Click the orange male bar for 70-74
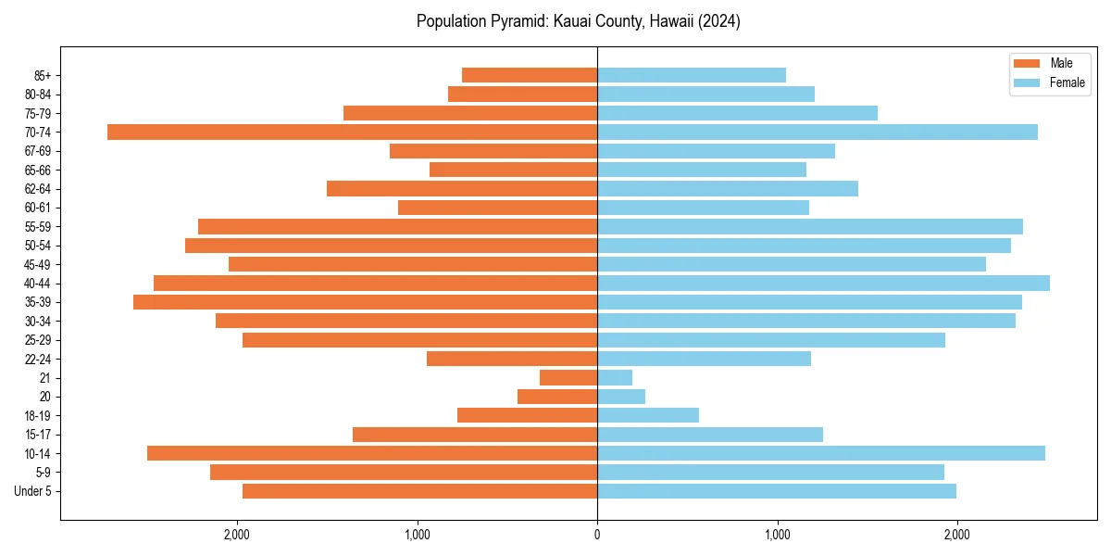click(x=352, y=132)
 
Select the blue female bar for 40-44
click(x=823, y=283)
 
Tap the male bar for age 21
click(x=568, y=377)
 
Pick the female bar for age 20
click(x=621, y=397)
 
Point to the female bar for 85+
click(x=692, y=75)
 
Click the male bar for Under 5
click(x=419, y=491)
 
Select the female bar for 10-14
click(x=821, y=453)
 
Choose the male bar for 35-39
click(x=365, y=302)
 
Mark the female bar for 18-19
click(x=648, y=415)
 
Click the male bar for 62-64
click(x=462, y=188)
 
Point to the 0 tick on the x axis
click(x=597, y=534)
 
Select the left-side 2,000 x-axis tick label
click(x=237, y=534)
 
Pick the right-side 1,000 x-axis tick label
click(x=777, y=534)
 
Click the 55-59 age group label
click(x=38, y=226)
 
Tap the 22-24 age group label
click(x=38, y=359)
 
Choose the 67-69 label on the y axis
click(x=38, y=151)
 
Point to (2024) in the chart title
click(x=720, y=21)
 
